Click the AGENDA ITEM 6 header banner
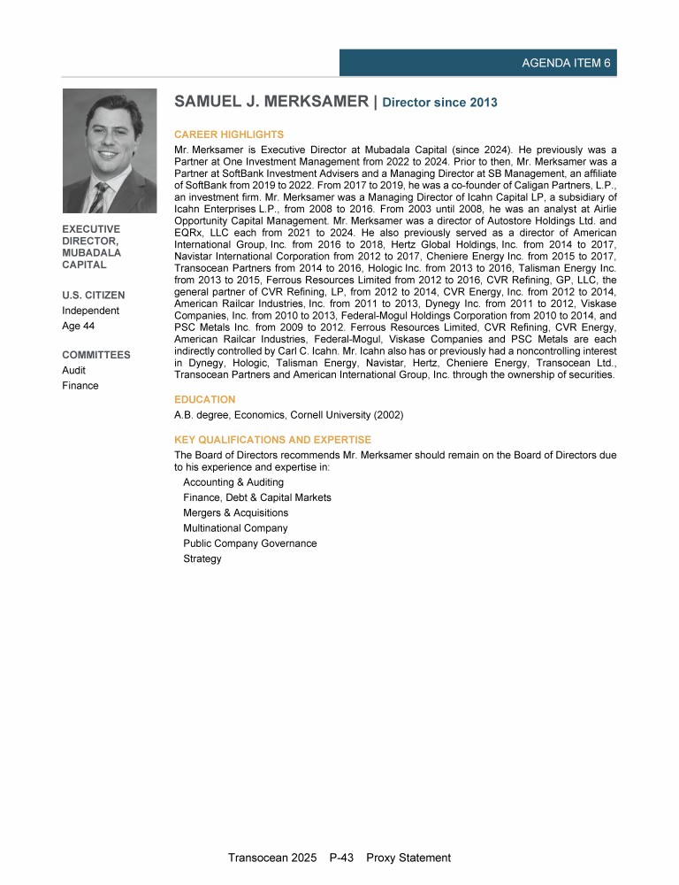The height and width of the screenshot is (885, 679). point(477,63)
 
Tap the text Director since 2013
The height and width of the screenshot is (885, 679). point(441,103)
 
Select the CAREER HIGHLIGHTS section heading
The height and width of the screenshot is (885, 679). point(229,135)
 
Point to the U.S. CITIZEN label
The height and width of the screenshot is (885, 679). point(93,295)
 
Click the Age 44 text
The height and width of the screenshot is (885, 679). point(79,327)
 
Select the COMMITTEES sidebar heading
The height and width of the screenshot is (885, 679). point(95,355)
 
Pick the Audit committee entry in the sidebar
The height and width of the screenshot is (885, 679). point(73,371)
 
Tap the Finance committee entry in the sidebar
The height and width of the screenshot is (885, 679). point(80,386)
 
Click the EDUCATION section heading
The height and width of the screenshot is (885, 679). point(205,400)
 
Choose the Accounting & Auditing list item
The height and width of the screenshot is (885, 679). point(233,482)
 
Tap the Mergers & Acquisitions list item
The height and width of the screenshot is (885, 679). point(235,513)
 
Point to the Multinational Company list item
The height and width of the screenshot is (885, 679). point(235,528)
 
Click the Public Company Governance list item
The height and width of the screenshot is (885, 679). point(249,543)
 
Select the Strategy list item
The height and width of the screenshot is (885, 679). point(202,558)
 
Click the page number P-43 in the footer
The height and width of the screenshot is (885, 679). point(340,858)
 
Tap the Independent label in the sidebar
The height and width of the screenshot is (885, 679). point(90,311)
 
